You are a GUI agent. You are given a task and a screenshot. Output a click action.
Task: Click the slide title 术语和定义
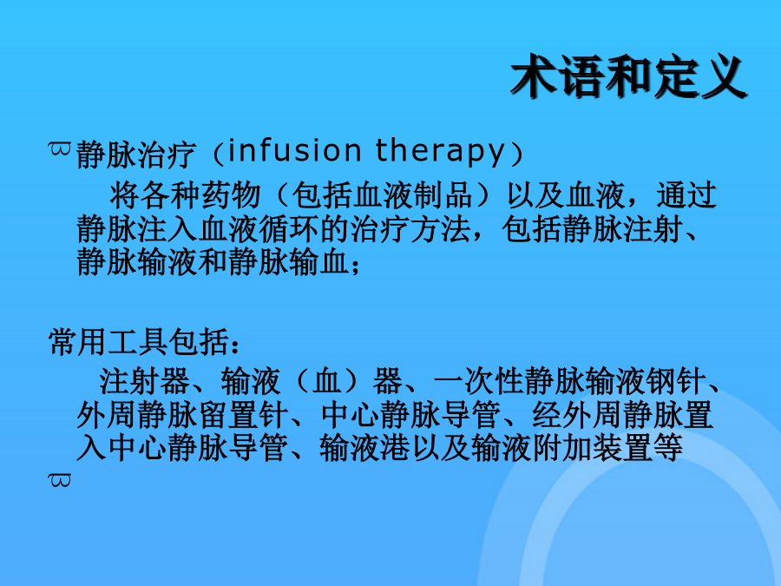click(628, 76)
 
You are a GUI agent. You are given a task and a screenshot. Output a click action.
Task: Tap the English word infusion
click(294, 150)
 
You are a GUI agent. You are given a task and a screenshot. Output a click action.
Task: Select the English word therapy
click(440, 152)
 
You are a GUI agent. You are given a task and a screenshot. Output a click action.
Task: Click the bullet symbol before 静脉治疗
click(59, 148)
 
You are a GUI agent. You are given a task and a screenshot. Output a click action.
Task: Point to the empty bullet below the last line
click(59, 480)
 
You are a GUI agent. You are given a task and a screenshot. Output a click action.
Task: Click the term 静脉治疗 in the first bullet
click(135, 154)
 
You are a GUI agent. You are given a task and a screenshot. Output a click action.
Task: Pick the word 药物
click(230, 194)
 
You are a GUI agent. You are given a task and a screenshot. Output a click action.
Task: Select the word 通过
click(686, 194)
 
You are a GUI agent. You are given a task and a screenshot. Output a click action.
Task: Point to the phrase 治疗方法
click(410, 228)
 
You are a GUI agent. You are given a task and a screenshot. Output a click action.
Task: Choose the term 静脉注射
click(622, 228)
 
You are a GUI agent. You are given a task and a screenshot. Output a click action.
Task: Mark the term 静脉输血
click(288, 261)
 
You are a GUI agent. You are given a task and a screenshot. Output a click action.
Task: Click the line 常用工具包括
click(138, 342)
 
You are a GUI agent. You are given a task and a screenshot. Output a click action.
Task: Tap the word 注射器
click(144, 381)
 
